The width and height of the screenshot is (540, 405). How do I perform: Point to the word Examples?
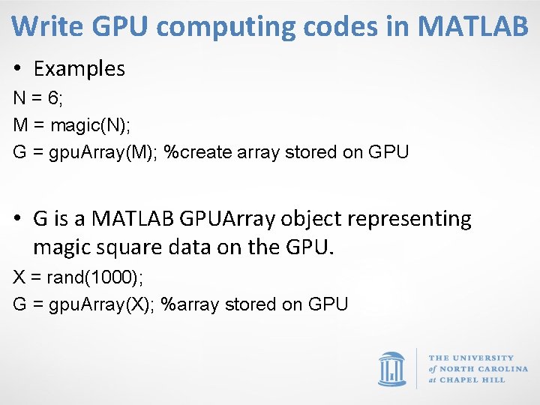(x=79, y=69)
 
